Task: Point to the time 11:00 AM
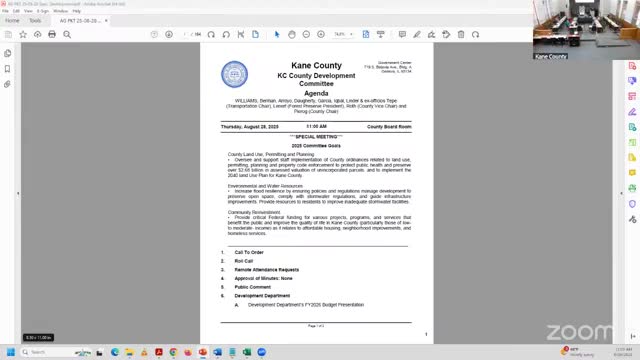pyautogui.click(x=316, y=127)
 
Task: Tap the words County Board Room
pyautogui.click(x=389, y=127)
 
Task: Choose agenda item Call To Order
pyautogui.click(x=249, y=252)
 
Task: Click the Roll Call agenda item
pyautogui.click(x=244, y=261)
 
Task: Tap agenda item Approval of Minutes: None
pyautogui.click(x=262, y=279)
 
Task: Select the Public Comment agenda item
pyautogui.click(x=252, y=288)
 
